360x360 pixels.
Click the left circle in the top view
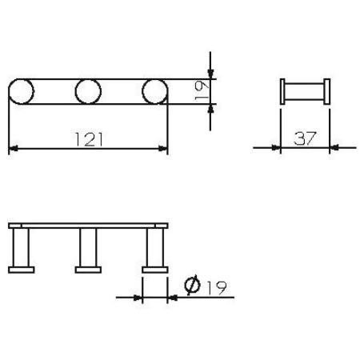[22, 92]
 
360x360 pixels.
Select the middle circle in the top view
[88, 92]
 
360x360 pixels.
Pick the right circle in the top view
[154, 92]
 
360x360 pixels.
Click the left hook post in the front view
[22, 248]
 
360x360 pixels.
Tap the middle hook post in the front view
[88, 248]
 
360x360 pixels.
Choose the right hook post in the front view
[154, 248]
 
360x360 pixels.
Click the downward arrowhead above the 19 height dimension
[210, 71]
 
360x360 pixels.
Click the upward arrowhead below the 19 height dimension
[210, 113]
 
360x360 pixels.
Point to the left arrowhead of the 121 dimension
[12, 147]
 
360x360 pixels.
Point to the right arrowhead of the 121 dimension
[164, 147]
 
